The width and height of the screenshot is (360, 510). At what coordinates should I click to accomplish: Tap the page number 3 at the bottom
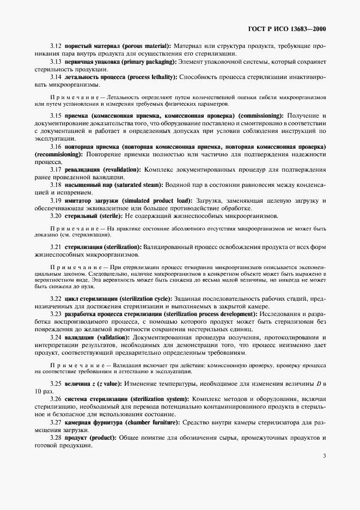pyautogui.click(x=324, y=456)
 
